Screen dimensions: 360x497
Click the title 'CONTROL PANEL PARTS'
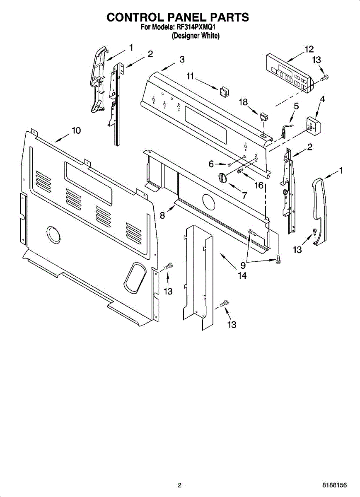(x=178, y=17)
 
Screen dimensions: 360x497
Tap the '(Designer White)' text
(x=196, y=36)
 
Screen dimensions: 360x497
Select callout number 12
(x=309, y=49)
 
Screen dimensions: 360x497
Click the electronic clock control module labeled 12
(x=288, y=74)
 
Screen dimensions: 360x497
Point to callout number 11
(x=190, y=76)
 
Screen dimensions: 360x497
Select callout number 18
(x=243, y=102)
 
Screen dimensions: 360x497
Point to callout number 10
(x=76, y=130)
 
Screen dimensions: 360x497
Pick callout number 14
(x=242, y=275)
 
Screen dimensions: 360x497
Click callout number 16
(x=259, y=185)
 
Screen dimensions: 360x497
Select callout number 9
(x=243, y=265)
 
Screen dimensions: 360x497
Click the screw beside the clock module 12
(x=325, y=77)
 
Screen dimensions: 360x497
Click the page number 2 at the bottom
(x=179, y=485)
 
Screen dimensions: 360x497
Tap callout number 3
(x=182, y=60)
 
